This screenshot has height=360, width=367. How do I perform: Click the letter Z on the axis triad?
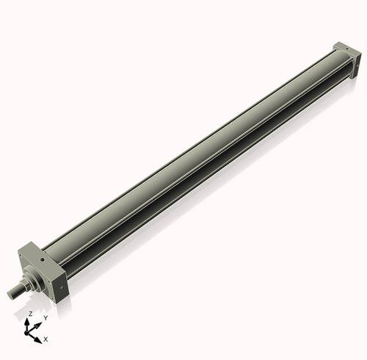tap(30, 314)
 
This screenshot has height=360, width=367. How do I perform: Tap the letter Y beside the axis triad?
tap(45, 318)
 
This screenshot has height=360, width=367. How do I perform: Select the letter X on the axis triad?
tap(46, 339)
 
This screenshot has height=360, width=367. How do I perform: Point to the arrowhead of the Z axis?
tap(29, 320)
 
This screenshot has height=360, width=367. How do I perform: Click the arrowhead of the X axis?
tap(38, 337)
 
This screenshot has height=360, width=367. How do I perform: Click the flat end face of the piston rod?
tap(11, 295)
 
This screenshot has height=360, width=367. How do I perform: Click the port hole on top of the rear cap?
tap(342, 48)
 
